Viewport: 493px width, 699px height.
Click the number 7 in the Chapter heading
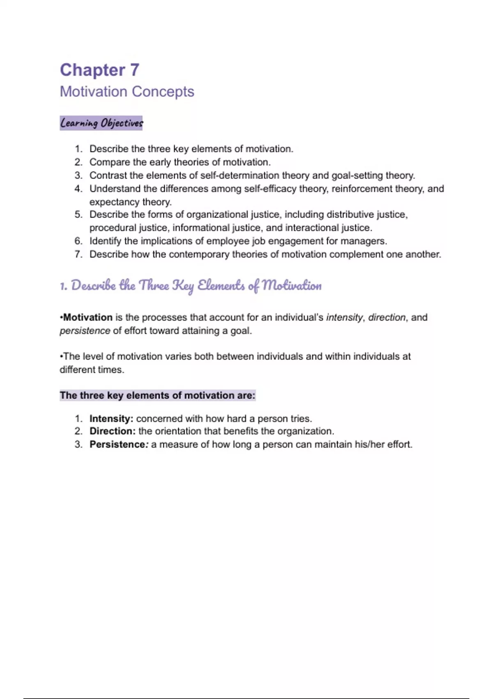click(x=135, y=70)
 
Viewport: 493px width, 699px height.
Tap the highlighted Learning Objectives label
click(x=101, y=123)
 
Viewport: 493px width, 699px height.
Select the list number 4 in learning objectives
click(x=78, y=189)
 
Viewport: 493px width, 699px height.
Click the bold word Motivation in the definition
click(x=88, y=317)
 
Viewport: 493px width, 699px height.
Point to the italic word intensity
click(x=344, y=317)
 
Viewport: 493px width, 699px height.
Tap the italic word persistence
click(x=85, y=331)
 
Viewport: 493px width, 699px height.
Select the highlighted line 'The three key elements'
click(x=157, y=396)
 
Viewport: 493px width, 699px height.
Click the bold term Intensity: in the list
click(x=111, y=419)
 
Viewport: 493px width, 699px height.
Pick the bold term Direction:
click(x=113, y=431)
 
